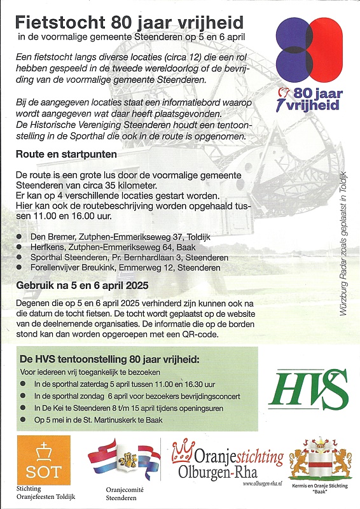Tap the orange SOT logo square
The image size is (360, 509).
[39, 460]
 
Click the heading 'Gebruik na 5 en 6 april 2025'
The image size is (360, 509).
[83, 286]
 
